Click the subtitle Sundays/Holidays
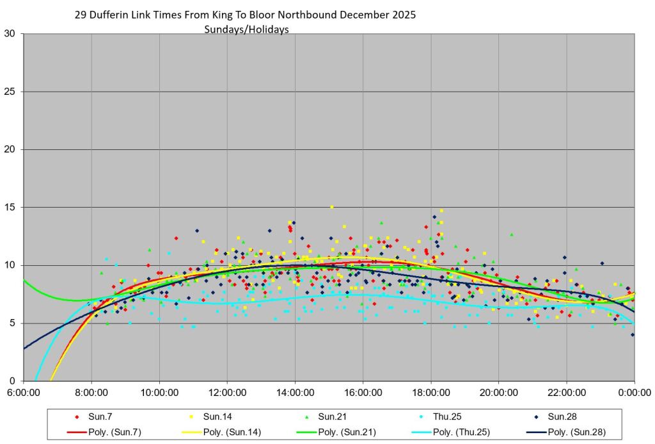tap(246, 29)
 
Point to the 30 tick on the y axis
tap(12, 34)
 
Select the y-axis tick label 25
tap(12, 92)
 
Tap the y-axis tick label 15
tap(12, 208)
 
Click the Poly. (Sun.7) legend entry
tap(106, 432)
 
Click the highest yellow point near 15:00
tap(331, 207)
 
